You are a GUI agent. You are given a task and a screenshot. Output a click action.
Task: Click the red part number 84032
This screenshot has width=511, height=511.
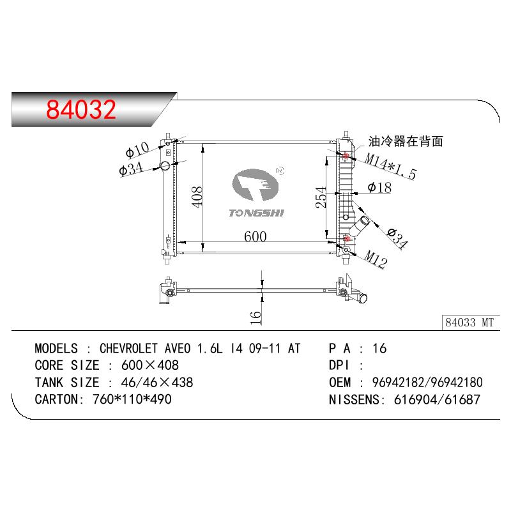point(81,109)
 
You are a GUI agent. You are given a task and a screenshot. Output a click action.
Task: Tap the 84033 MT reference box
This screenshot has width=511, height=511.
point(471,323)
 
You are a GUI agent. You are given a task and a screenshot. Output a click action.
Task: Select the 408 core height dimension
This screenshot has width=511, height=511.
point(197,197)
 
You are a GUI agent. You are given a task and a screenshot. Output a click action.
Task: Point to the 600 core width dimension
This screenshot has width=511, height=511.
point(255,236)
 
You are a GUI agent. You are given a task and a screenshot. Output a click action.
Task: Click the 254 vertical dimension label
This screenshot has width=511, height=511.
point(321,197)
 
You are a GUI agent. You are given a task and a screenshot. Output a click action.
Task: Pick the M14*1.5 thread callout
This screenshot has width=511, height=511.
point(390,166)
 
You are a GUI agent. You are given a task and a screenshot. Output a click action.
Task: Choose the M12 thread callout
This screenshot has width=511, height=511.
point(375,259)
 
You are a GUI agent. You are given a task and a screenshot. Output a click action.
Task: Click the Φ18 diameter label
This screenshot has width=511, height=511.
point(379,187)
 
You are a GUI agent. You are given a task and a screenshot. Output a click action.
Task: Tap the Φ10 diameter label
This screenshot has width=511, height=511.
point(137,149)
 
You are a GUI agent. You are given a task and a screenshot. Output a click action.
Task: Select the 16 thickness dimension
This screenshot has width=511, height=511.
point(256,317)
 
